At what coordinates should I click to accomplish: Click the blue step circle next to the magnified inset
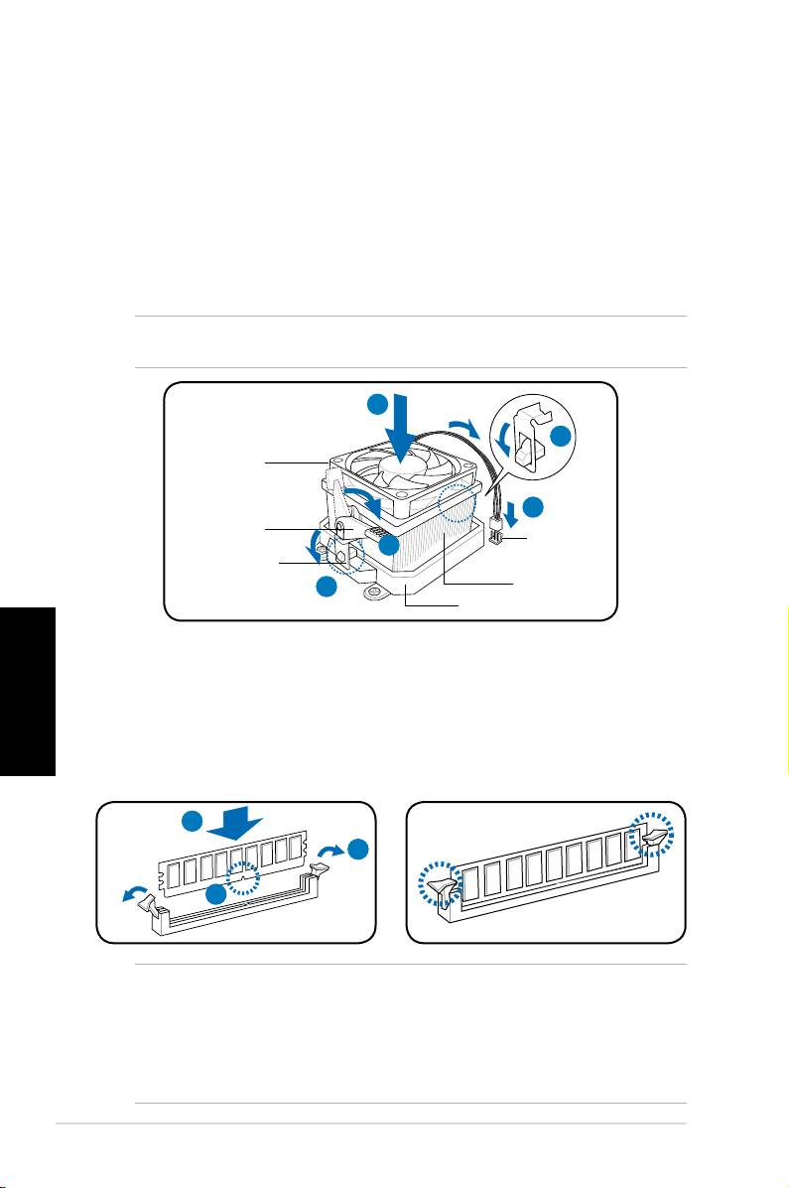coord(563,437)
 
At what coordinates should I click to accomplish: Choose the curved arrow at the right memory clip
coord(332,851)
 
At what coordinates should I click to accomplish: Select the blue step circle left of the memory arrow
coord(193,822)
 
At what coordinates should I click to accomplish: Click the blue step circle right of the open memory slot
coord(359,849)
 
